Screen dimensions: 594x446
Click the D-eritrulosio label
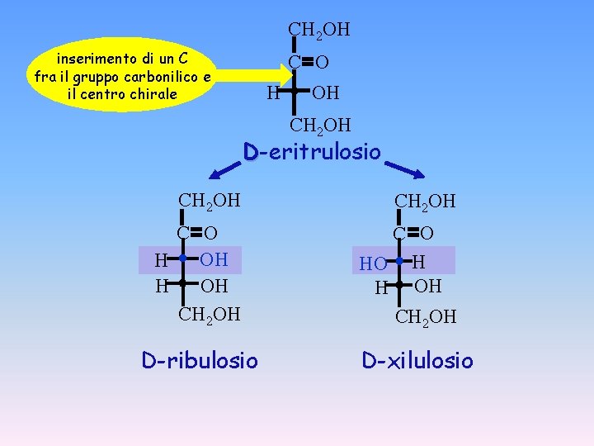tap(312, 152)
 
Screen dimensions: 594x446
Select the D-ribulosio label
tap(199, 360)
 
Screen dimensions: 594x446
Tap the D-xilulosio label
tap(417, 360)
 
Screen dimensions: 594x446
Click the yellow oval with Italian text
tap(121, 76)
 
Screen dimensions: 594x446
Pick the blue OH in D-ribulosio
tap(214, 259)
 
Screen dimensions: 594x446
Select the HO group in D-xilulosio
tap(373, 264)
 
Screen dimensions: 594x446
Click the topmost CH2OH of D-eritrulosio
tap(318, 30)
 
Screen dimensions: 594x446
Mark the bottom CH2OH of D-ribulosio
tap(210, 314)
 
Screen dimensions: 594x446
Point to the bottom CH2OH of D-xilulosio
tap(426, 317)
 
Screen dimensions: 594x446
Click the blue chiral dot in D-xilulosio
tap(398, 262)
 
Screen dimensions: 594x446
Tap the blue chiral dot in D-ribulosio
tap(183, 259)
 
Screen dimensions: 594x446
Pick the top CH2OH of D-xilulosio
tap(426, 202)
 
